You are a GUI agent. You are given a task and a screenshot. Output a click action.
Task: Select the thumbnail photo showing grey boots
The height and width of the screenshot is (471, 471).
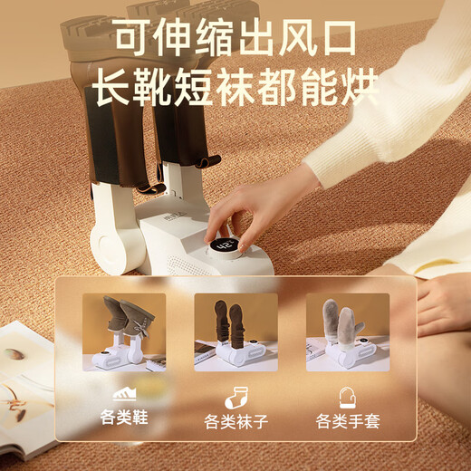point(123,332)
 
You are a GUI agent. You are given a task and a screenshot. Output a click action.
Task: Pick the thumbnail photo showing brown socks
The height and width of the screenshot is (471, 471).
point(235,332)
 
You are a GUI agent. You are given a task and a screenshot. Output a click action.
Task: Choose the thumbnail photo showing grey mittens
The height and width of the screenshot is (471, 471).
point(348,332)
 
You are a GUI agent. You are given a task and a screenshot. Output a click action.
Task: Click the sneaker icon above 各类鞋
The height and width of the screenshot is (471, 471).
point(123,394)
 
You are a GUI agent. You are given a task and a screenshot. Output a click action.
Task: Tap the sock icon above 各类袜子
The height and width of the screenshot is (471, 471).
point(235,395)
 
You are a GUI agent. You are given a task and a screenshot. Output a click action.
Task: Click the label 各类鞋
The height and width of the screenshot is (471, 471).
point(123,419)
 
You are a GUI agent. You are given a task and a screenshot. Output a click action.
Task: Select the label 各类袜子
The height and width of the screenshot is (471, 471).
point(235,420)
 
